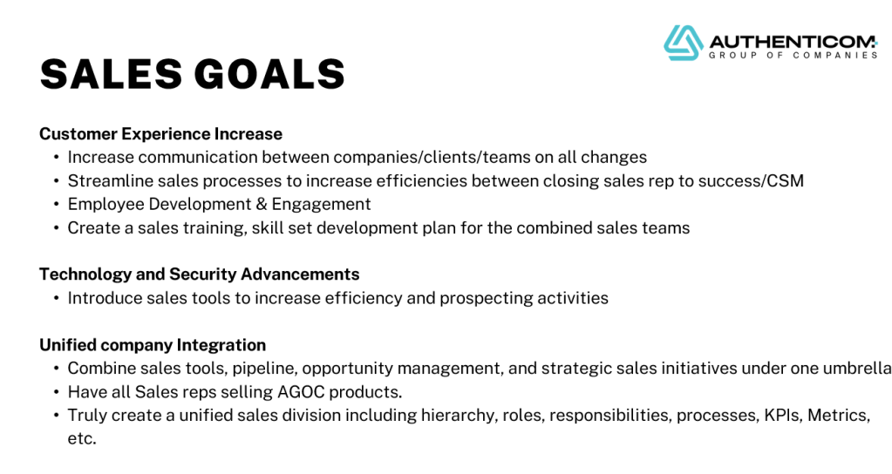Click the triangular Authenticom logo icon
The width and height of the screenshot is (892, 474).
[x=684, y=43]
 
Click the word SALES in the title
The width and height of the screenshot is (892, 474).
[x=111, y=74]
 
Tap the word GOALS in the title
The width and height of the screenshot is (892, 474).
[x=269, y=74]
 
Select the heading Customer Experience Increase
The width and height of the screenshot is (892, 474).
[x=161, y=134]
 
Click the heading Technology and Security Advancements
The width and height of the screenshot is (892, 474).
[x=199, y=274]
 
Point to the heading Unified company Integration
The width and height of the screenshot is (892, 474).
[x=153, y=345]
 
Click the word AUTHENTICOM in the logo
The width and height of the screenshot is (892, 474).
[x=793, y=42]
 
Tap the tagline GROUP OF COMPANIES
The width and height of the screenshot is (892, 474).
[x=793, y=55]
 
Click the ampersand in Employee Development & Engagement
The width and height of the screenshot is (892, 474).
[x=261, y=205]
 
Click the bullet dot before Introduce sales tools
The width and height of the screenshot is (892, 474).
[x=57, y=298]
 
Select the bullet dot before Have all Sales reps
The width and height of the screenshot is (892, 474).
[x=57, y=392]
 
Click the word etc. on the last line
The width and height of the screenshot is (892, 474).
[x=82, y=439]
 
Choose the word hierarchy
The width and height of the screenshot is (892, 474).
[x=461, y=416]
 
